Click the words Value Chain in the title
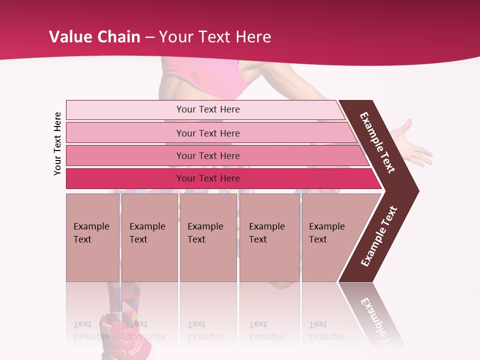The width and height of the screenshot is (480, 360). coord(94,36)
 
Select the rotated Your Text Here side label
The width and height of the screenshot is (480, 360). coord(57,143)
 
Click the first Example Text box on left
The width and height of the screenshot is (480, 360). coord(92,237)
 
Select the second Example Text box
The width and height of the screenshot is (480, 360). coord(149,237)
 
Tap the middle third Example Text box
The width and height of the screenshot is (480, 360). coord(208,237)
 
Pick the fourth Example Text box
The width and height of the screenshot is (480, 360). coord(269,237)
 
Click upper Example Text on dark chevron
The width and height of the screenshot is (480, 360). coord(377,142)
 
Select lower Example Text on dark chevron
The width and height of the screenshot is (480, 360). coord(379,236)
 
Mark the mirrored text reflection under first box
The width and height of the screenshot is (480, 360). coord(91,330)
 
